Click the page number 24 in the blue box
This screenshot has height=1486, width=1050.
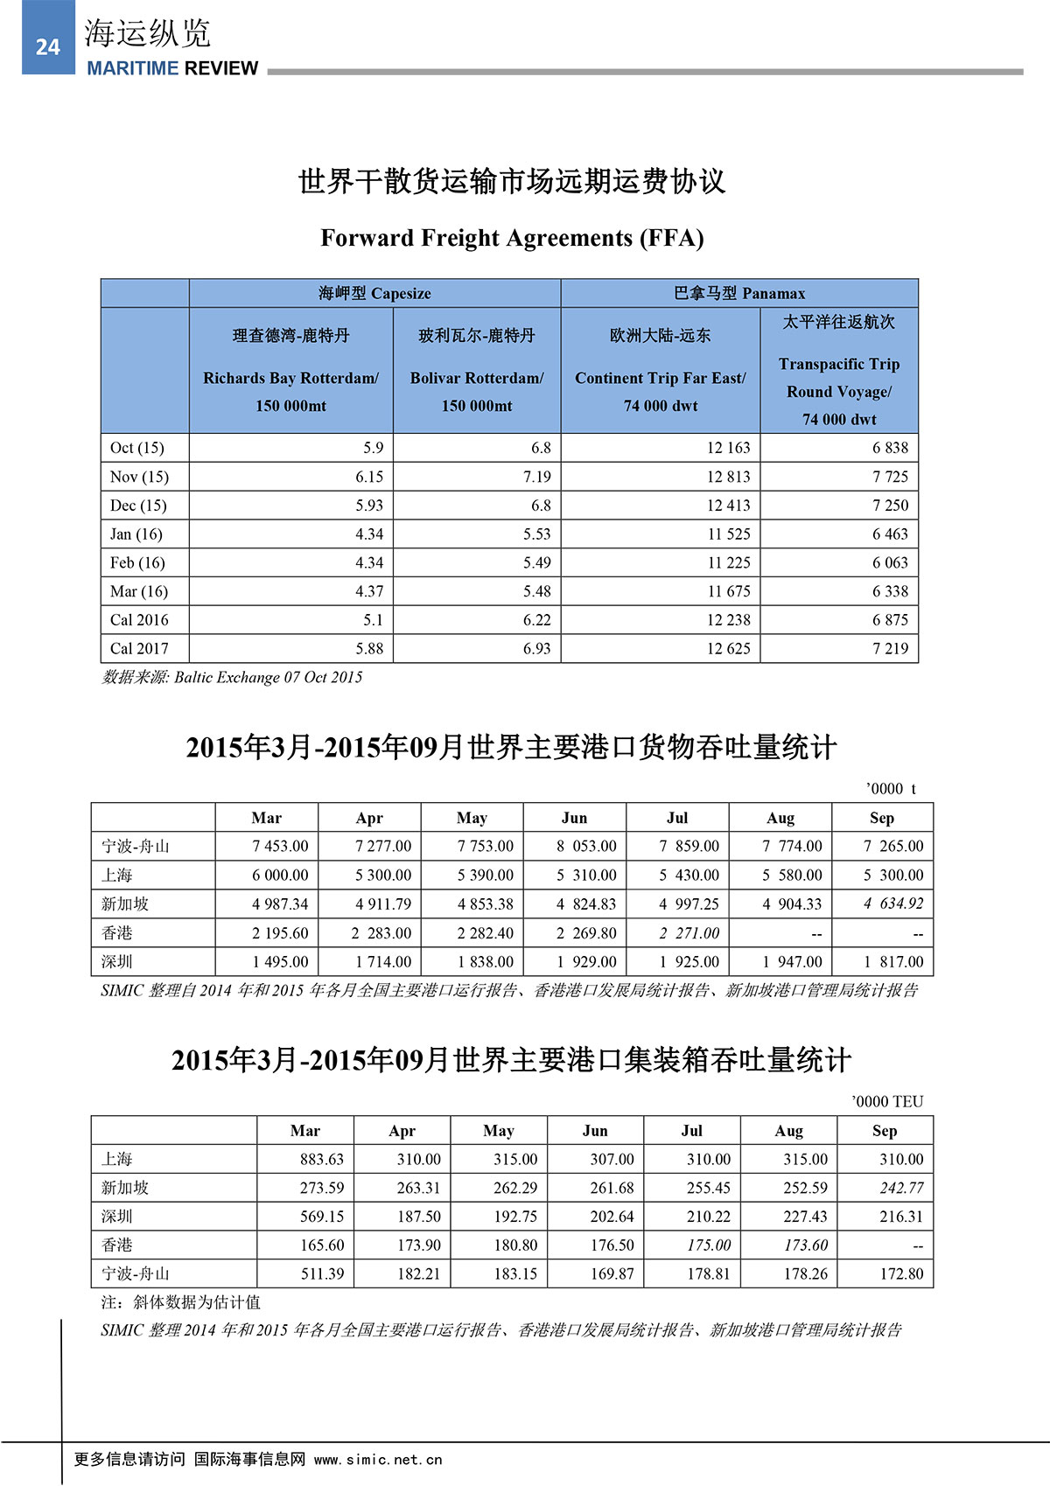click(x=48, y=47)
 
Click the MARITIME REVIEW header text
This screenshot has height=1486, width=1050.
click(x=172, y=68)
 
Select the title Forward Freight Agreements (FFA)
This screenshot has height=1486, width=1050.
click(x=512, y=238)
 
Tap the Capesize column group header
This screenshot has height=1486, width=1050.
click(x=374, y=293)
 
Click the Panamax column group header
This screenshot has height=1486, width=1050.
click(x=739, y=293)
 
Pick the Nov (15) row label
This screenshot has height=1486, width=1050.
click(x=139, y=477)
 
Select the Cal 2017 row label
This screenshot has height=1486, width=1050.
click(x=139, y=648)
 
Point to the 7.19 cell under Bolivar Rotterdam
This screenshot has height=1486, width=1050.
click(x=537, y=477)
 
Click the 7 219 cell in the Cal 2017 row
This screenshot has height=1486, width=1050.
click(x=890, y=648)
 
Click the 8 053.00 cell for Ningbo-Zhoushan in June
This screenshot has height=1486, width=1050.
click(x=586, y=846)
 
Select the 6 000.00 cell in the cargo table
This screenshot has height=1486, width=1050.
click(x=280, y=875)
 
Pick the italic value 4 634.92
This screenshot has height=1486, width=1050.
click(x=893, y=903)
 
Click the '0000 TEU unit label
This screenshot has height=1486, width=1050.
click(x=887, y=1101)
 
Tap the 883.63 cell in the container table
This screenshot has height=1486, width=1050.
click(x=322, y=1159)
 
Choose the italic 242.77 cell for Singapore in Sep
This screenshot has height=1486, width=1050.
click(x=901, y=1188)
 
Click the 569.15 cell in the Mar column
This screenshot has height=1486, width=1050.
click(x=322, y=1217)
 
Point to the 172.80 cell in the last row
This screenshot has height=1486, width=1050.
click(x=901, y=1273)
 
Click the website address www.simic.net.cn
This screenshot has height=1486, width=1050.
click(x=378, y=1460)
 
